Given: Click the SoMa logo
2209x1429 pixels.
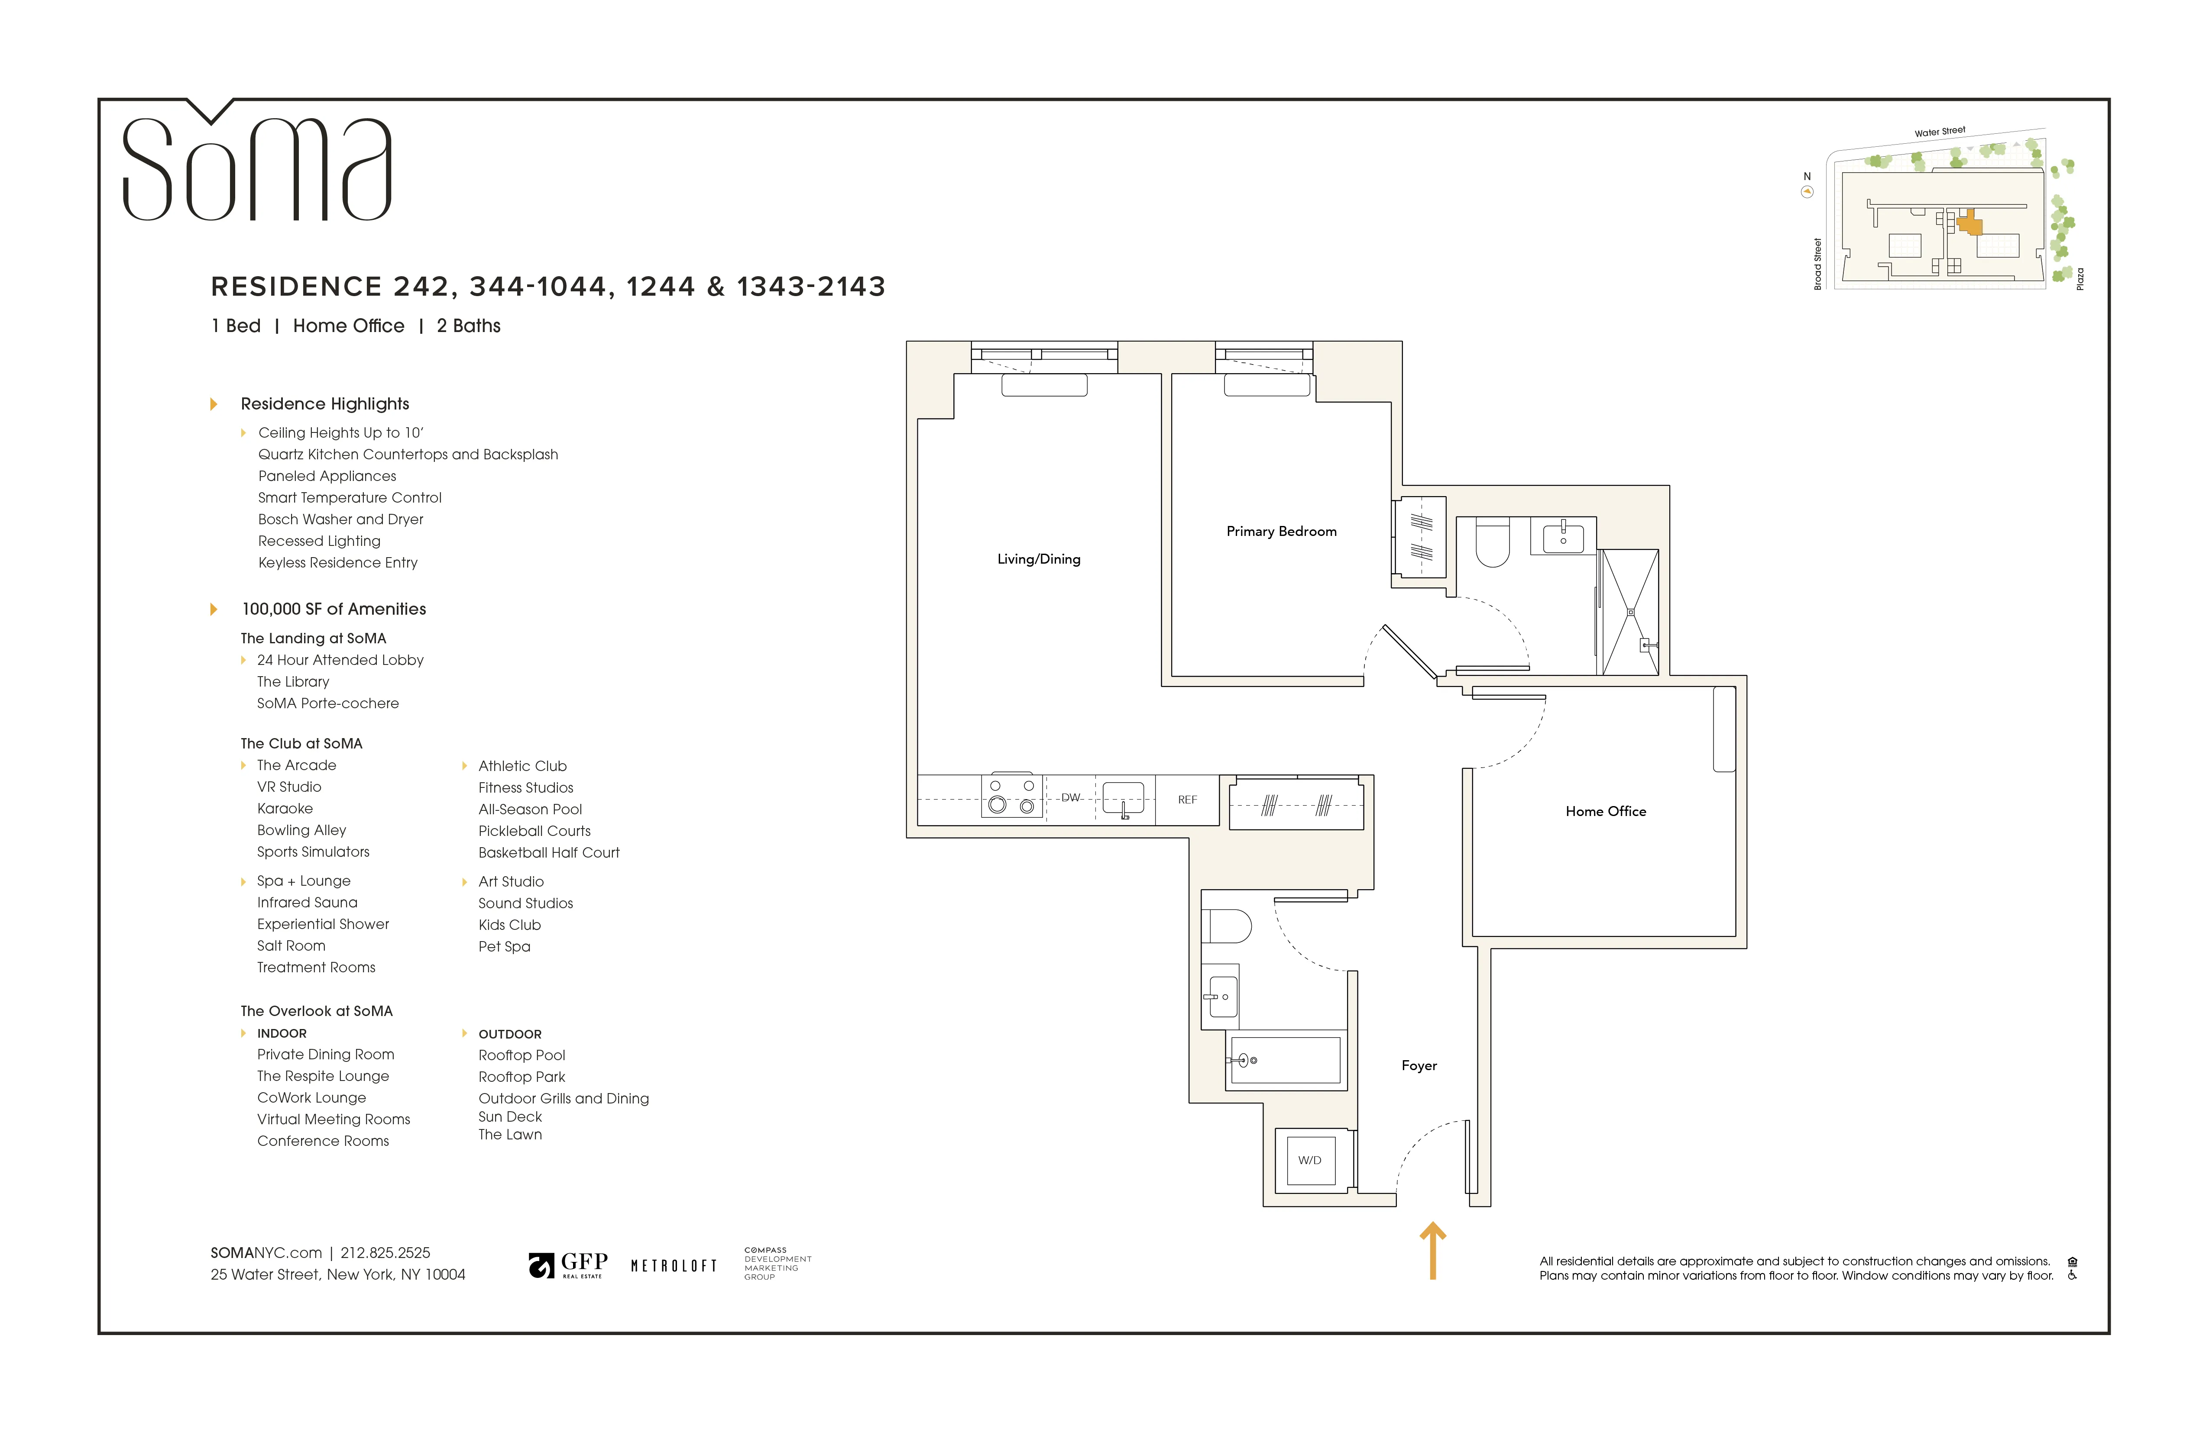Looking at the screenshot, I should click(257, 167).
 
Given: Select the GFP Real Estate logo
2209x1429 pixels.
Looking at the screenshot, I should click(568, 1265).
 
